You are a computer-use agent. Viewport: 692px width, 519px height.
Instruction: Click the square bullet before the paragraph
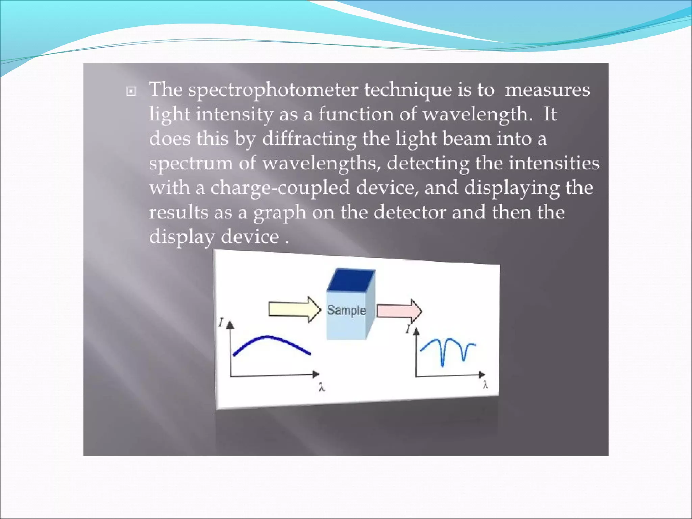(x=131, y=91)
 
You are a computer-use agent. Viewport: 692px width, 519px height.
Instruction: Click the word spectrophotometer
(x=273, y=90)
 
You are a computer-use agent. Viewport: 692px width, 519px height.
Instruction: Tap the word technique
(x=407, y=90)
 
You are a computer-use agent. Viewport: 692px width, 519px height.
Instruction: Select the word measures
(x=547, y=90)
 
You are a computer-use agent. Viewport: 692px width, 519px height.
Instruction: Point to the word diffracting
(x=309, y=139)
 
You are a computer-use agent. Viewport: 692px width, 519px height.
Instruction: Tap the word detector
(x=410, y=212)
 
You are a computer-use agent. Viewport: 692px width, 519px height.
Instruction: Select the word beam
(x=466, y=139)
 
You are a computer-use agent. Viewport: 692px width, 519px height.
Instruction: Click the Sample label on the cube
(x=346, y=310)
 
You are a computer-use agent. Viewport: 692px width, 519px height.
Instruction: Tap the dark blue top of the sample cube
(x=351, y=280)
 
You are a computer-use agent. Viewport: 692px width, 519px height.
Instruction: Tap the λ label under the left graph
(x=322, y=387)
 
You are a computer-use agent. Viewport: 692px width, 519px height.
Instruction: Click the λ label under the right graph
(x=485, y=385)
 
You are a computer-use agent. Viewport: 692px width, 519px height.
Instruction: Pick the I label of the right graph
(x=408, y=329)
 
